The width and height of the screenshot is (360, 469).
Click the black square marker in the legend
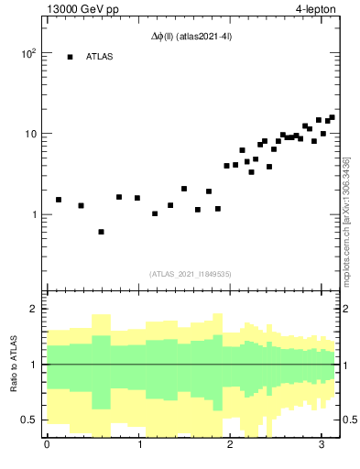click(x=70, y=57)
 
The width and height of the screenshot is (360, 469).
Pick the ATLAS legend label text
click(x=100, y=57)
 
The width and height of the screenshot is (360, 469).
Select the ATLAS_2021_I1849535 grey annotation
click(x=190, y=273)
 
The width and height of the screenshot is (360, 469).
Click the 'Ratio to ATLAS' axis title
click(x=13, y=365)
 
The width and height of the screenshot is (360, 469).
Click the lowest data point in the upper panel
click(x=101, y=232)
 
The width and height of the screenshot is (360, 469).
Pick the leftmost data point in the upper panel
click(x=59, y=200)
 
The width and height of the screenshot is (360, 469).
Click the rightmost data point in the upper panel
click(x=332, y=117)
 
